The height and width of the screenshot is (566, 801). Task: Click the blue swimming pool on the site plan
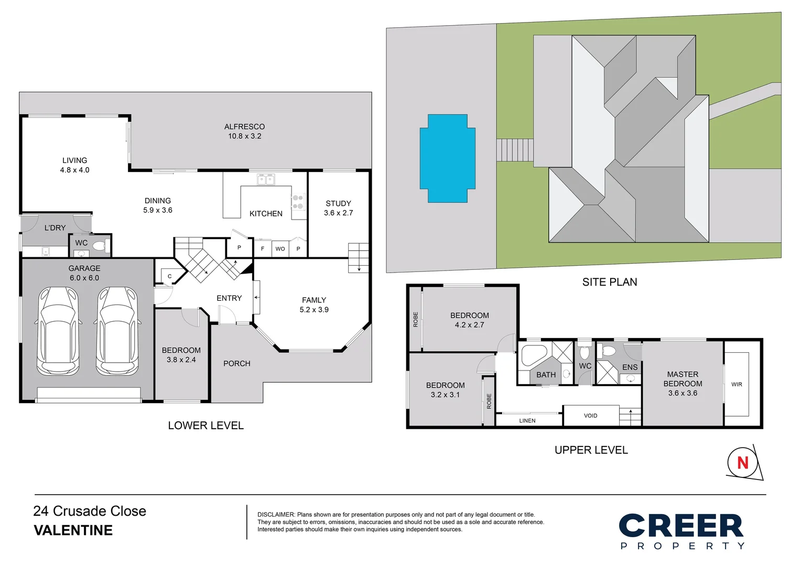pos(447,158)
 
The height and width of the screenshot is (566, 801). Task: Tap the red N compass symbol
pos(742,463)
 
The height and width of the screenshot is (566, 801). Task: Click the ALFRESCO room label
pos(244,127)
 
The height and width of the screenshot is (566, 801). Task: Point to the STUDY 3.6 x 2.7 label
pos(338,208)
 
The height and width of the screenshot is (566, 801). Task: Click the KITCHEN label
pos(266,214)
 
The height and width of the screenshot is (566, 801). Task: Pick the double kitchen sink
pos(266,180)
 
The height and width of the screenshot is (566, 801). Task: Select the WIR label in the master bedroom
pos(737,385)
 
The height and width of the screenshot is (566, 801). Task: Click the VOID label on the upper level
pos(590,416)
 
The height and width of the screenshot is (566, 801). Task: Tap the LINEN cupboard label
pos(527,421)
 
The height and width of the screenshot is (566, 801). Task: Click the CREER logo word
pos(681,526)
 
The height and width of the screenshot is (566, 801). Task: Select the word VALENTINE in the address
pos(73,530)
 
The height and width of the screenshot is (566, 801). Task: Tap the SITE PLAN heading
pos(610,282)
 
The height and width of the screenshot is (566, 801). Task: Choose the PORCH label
pos(236,364)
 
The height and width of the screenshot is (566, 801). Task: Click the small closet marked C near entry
pos(170,276)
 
